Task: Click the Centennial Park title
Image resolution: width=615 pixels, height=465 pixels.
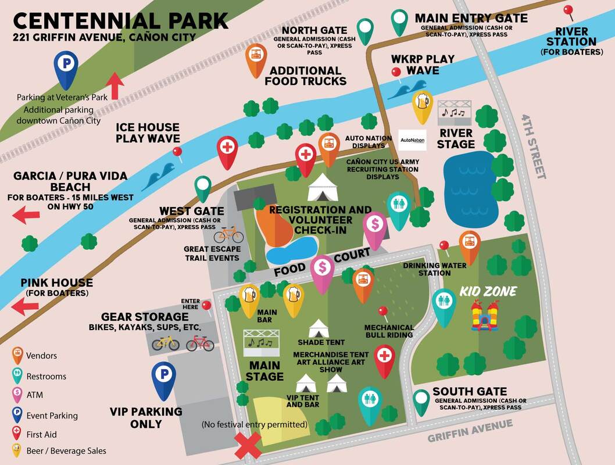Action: pos(120,21)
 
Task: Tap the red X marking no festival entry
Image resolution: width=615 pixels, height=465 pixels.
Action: pos(247,448)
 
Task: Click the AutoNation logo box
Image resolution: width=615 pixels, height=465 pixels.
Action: pos(413,140)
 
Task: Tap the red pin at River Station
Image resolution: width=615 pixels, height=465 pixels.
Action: pos(568,11)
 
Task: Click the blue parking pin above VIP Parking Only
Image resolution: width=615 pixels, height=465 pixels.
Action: pos(165,376)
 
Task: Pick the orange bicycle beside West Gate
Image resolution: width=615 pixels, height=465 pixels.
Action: pos(228,234)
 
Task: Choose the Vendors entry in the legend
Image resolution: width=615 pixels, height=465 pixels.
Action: pos(41,355)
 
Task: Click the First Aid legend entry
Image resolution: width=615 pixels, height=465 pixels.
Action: pos(41,434)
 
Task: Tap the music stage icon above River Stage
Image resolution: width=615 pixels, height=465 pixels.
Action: pos(455,111)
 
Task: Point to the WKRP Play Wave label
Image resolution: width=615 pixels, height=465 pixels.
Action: pos(415,65)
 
